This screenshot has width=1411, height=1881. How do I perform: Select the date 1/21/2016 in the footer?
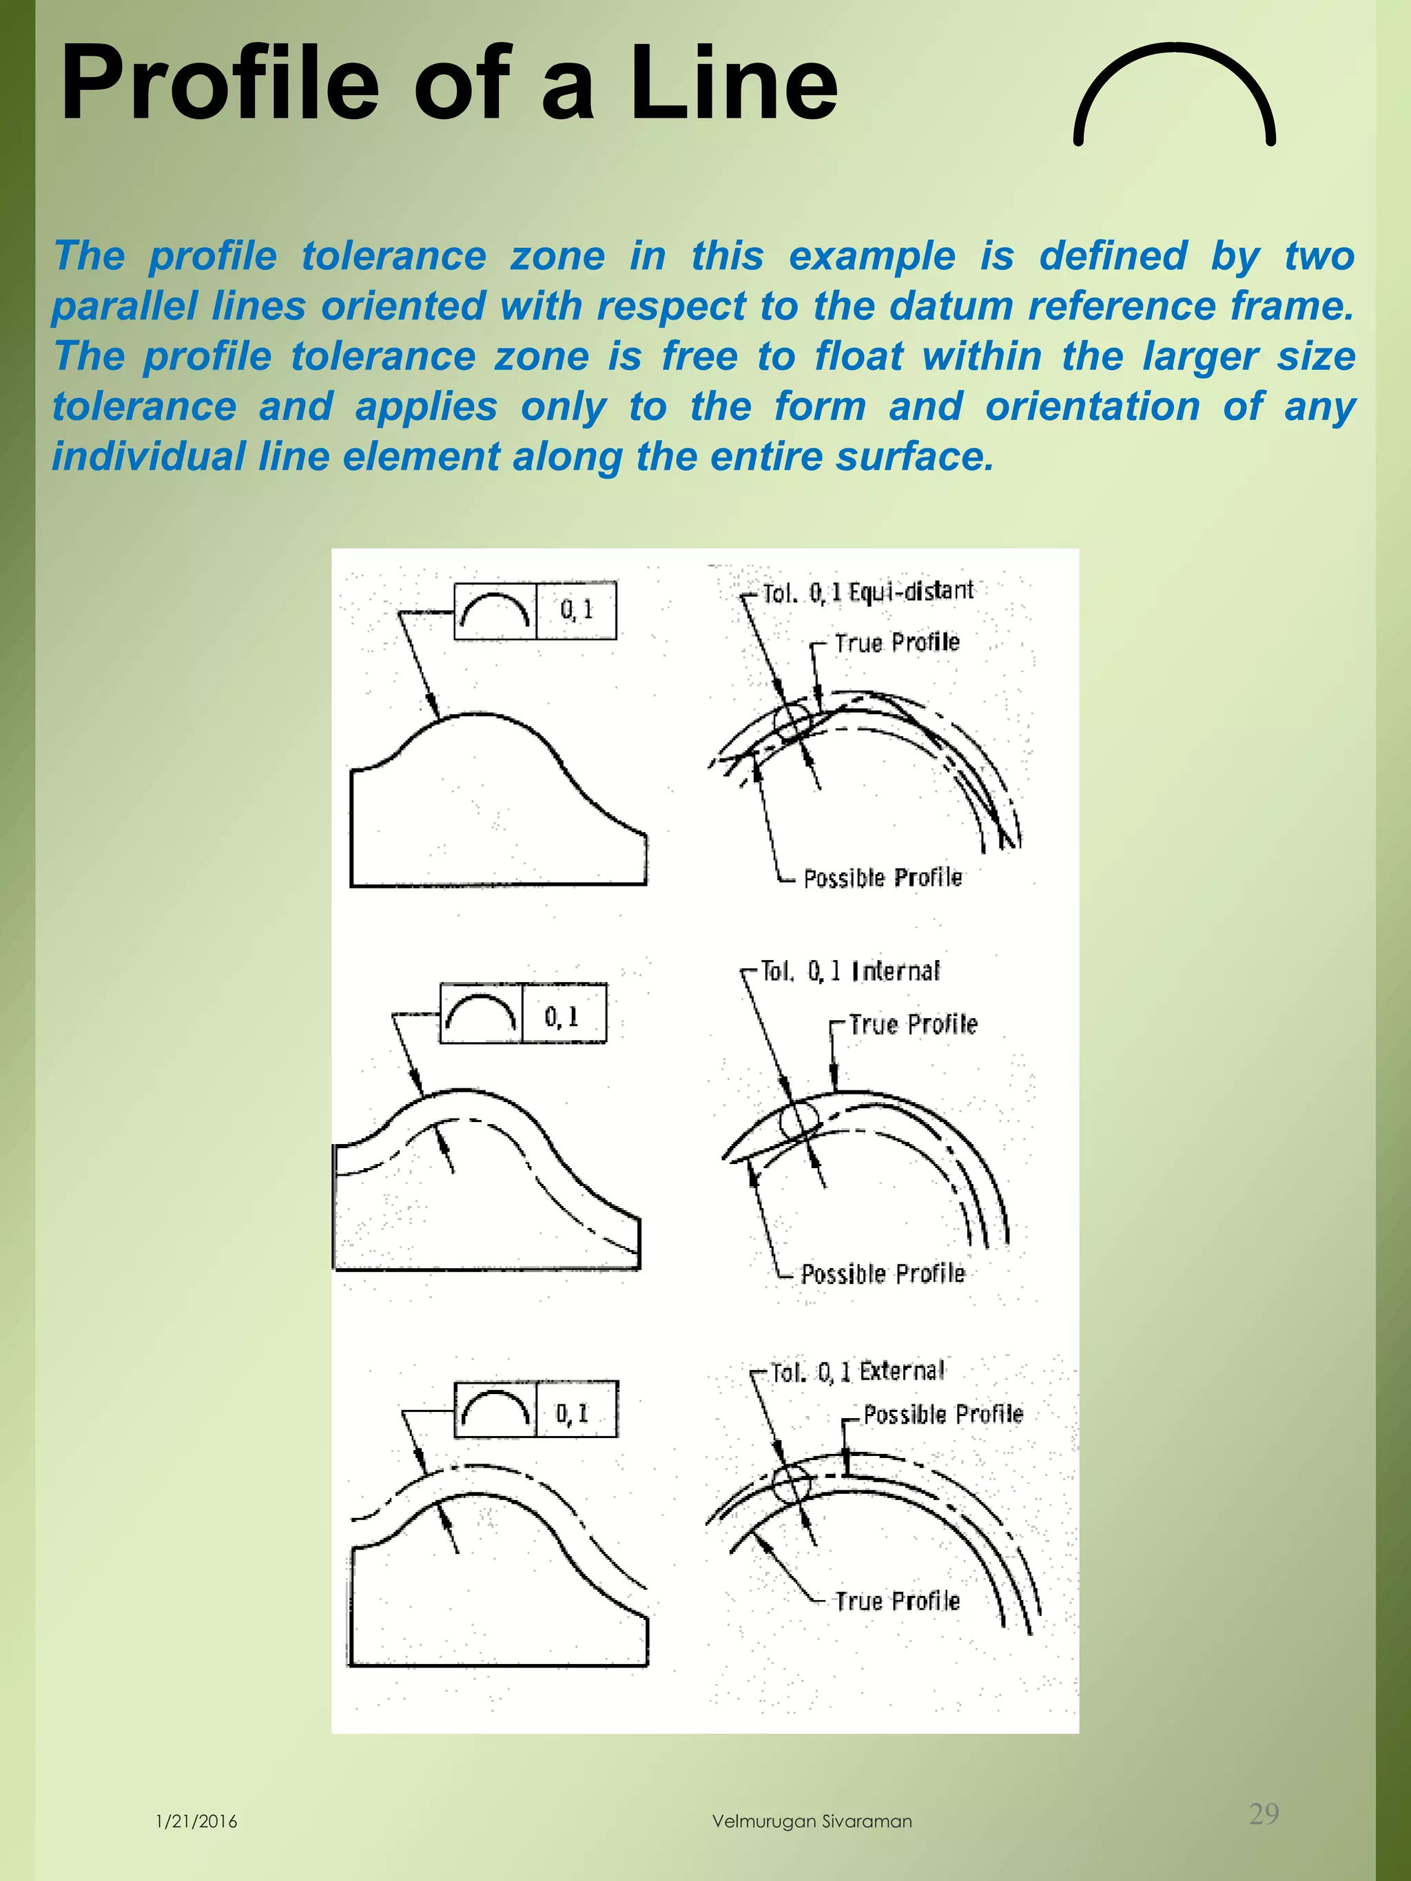point(196,1822)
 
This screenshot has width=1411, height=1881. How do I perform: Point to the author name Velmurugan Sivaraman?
point(812,1822)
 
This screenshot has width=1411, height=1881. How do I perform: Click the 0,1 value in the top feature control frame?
point(576,610)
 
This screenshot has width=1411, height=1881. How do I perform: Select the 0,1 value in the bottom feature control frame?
point(573,1413)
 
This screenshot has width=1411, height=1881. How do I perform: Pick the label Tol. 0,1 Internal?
point(849,970)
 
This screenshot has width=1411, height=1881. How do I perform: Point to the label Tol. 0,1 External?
point(856,1371)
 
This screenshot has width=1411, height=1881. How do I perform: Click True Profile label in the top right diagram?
point(896,643)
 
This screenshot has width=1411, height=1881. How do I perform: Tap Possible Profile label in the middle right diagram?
point(883,1274)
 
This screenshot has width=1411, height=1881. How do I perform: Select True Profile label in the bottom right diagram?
point(896,1601)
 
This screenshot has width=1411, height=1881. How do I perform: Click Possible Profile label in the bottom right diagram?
point(943,1414)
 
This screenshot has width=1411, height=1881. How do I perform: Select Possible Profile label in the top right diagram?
point(882,877)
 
